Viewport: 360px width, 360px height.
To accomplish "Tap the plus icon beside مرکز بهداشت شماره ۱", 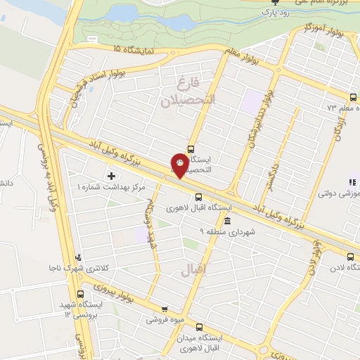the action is [x=110, y=174].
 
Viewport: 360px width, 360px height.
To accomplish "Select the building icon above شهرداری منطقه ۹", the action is [x=226, y=221].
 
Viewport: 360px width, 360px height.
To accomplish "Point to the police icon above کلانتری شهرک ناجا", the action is [x=79, y=257].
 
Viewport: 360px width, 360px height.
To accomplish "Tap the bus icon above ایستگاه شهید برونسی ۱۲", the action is [x=81, y=293].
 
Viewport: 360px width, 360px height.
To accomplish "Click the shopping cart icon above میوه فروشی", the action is [x=165, y=309].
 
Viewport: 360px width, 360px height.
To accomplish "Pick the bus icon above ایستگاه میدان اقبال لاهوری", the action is [x=199, y=327].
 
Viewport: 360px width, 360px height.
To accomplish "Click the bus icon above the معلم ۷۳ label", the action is [x=352, y=97].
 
